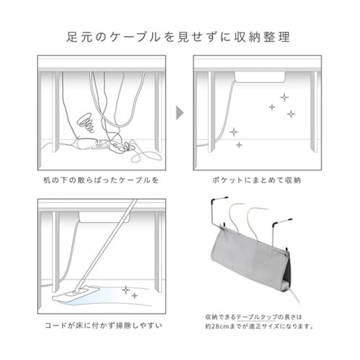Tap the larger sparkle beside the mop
(x=125, y=289)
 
